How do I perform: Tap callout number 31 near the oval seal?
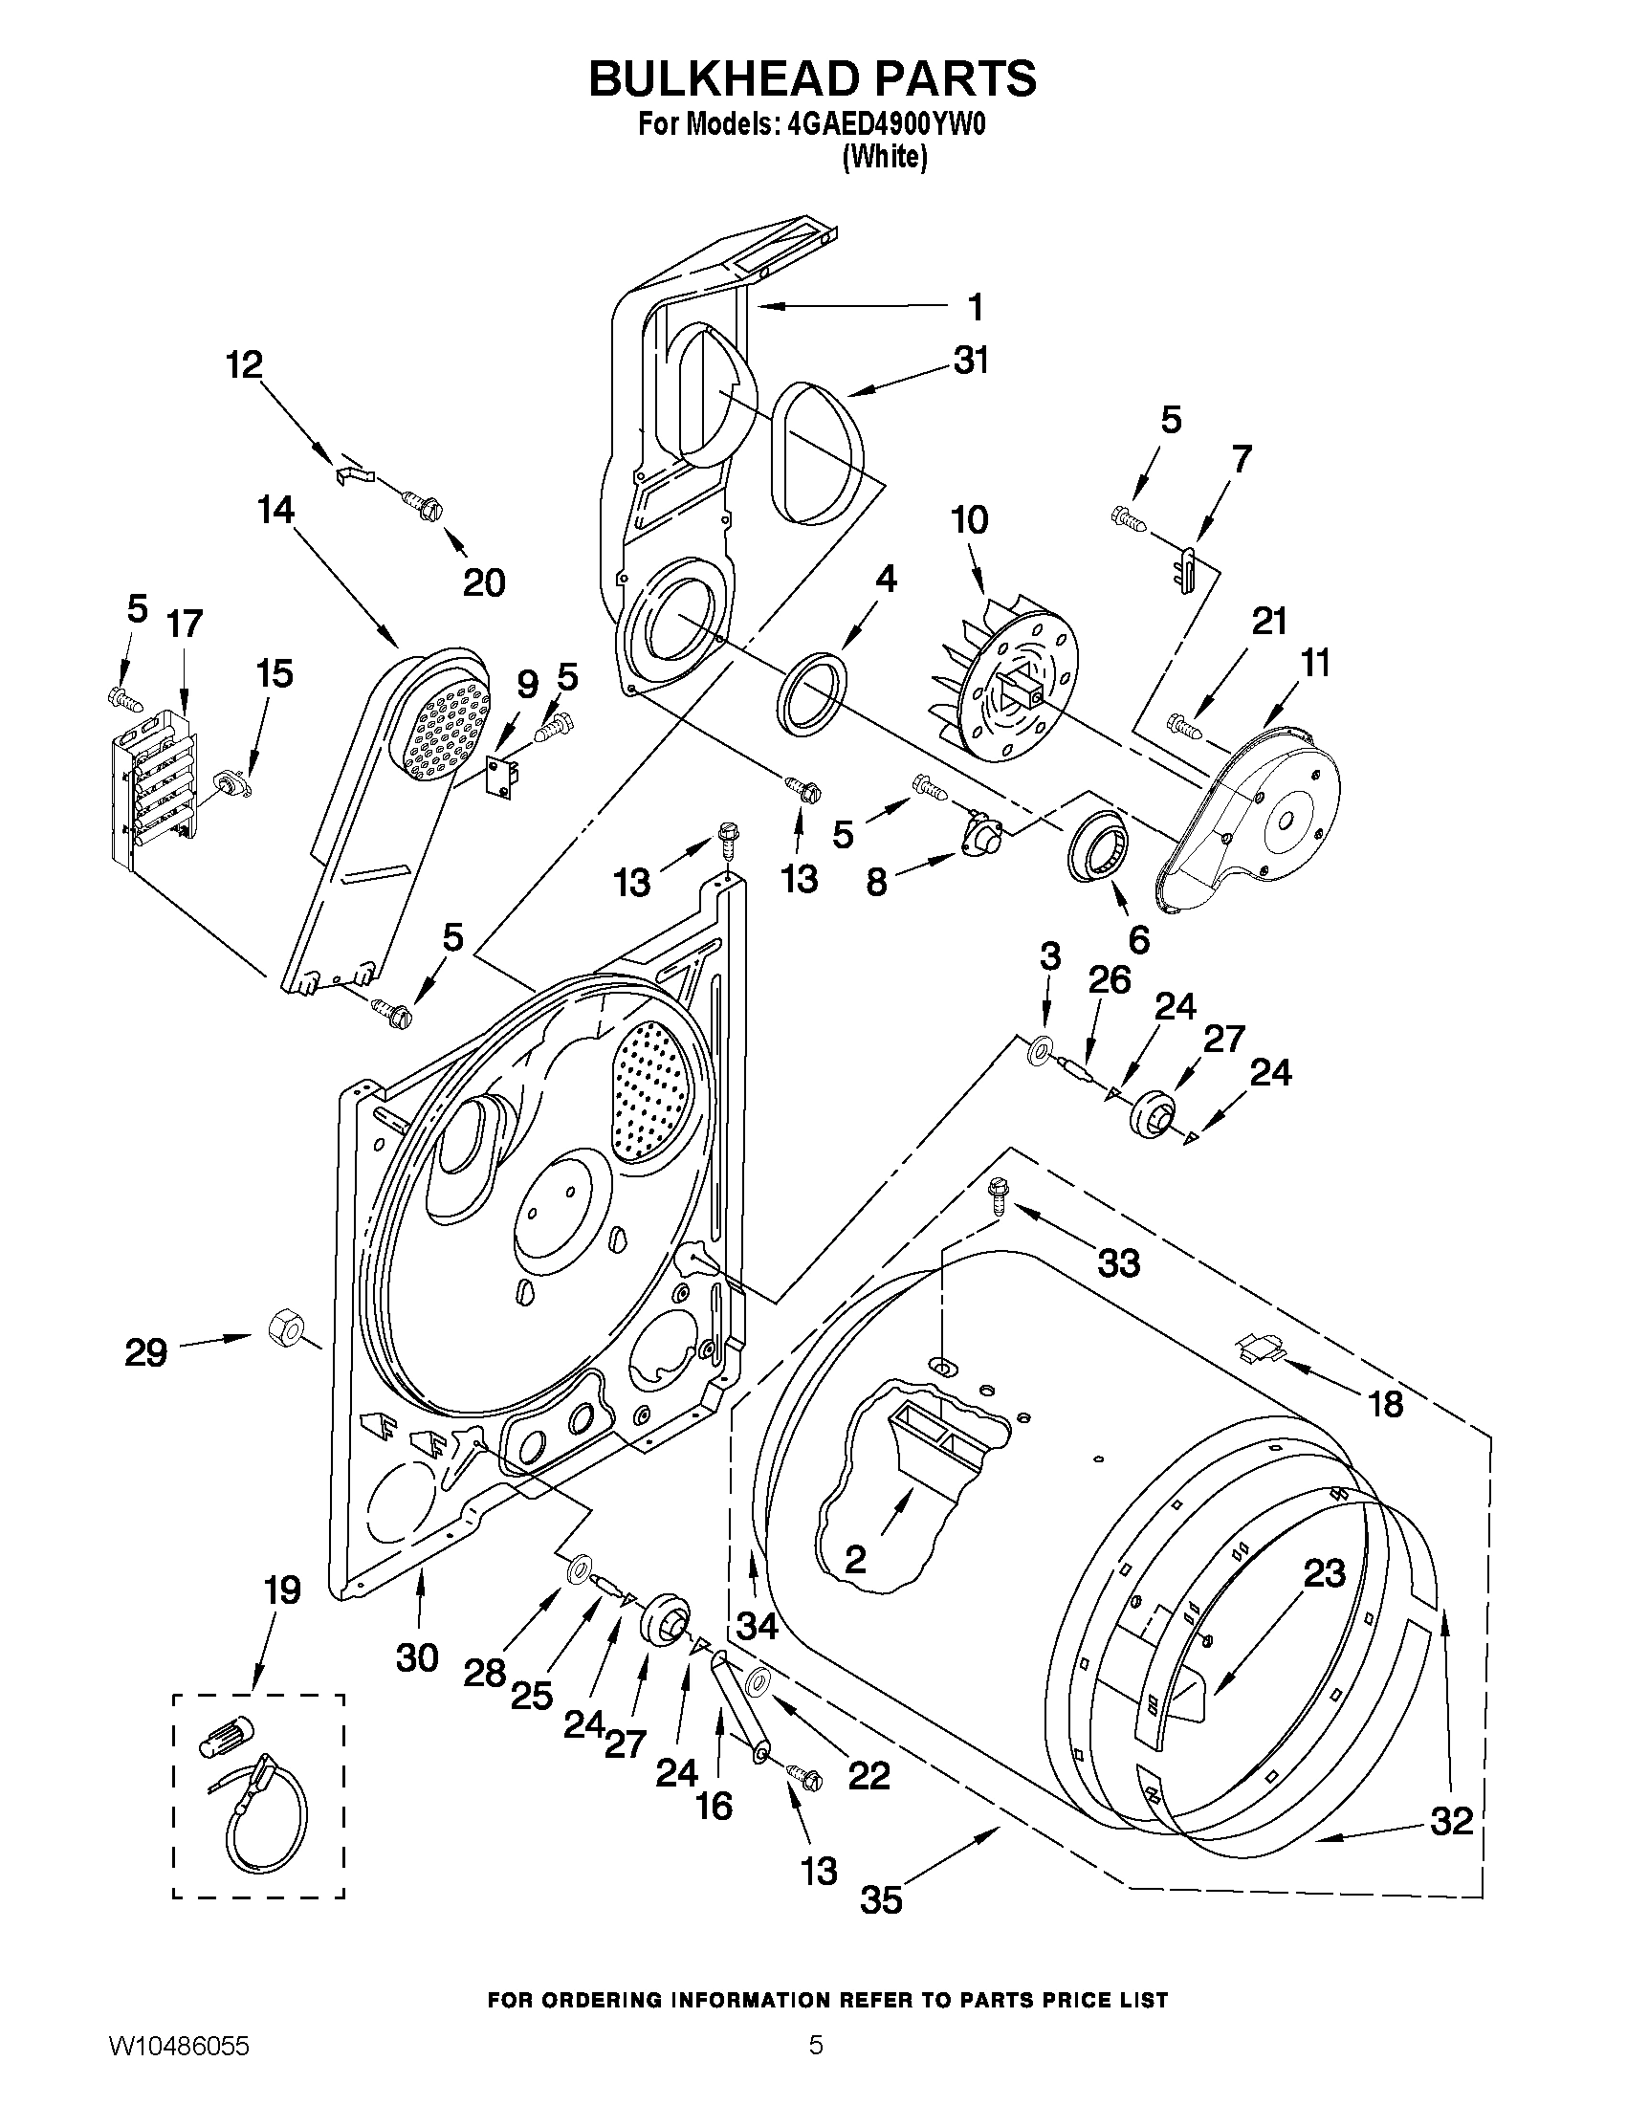pyautogui.click(x=972, y=362)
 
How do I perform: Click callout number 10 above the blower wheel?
pyautogui.click(x=970, y=520)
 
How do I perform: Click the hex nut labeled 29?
pyautogui.click(x=282, y=1329)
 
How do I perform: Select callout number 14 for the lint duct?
pyautogui.click(x=275, y=510)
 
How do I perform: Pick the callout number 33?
pyautogui.click(x=1118, y=1261)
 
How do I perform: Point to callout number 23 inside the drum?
pyautogui.click(x=1324, y=1574)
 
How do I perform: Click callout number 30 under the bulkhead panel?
pyautogui.click(x=417, y=1657)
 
